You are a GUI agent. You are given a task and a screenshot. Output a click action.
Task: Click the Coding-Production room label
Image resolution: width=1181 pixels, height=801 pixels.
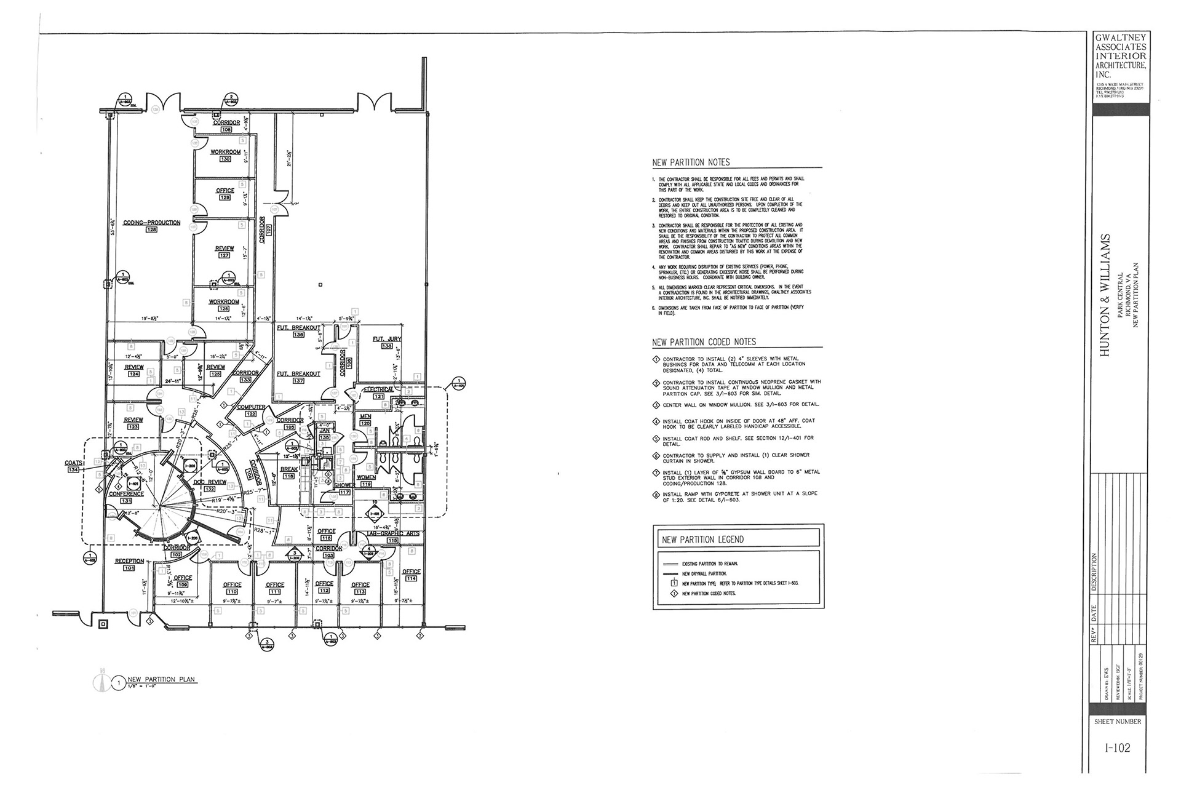151,223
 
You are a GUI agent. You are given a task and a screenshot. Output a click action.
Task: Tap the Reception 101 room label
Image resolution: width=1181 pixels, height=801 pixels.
129,561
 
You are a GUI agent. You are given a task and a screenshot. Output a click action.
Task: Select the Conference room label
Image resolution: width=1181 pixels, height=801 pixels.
126,494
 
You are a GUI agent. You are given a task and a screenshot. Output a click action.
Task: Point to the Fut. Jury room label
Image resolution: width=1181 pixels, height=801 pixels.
387,340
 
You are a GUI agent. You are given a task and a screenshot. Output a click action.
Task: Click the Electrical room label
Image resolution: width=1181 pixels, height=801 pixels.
378,390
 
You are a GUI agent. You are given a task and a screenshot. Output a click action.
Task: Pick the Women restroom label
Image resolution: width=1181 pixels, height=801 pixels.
366,477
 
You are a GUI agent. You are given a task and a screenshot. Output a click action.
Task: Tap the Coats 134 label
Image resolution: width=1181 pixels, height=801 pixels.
73,463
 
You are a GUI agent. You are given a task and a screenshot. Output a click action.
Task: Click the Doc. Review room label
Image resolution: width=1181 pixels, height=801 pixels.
210,482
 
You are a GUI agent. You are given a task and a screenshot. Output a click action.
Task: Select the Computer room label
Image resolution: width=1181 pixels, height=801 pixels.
251,407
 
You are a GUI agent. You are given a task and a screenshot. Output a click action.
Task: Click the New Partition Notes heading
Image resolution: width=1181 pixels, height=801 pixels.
691,162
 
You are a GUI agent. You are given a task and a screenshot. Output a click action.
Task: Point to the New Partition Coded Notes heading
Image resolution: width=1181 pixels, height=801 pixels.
704,342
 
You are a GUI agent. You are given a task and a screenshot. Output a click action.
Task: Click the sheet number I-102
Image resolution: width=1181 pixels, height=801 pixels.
1116,748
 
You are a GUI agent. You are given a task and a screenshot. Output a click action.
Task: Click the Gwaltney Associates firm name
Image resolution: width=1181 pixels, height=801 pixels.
1120,56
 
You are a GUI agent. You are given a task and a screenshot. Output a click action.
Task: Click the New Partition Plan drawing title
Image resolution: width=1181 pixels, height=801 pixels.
161,679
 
